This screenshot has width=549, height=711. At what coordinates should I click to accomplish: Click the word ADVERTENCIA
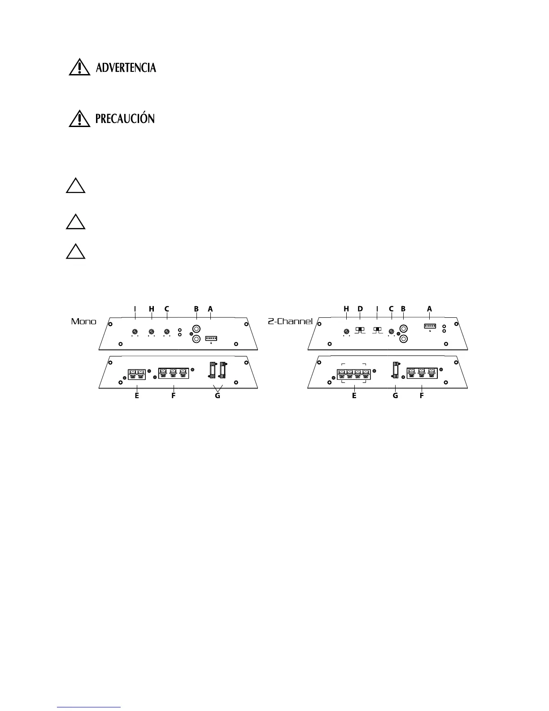pos(126,68)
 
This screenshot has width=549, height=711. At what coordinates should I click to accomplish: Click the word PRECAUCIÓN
pos(125,118)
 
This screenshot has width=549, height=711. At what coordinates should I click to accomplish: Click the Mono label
pos(84,321)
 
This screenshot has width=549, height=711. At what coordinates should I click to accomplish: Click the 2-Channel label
pos(293,321)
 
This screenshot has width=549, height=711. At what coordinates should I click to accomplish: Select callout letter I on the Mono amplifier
pos(135,309)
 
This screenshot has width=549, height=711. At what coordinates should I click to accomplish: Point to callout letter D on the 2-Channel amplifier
pos(360,309)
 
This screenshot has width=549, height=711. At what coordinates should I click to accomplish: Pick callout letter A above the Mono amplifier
pos(210,309)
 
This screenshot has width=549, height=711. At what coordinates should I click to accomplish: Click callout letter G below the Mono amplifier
pos(218,396)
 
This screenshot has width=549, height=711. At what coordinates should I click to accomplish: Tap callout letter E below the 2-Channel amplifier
pos(354,396)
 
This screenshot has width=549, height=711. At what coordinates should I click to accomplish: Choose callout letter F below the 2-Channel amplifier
pos(422,396)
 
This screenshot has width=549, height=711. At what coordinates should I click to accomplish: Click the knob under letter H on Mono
pos(152,332)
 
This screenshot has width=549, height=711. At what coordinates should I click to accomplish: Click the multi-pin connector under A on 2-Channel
pos(430,326)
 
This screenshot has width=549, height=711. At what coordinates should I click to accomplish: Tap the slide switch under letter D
pos(360,330)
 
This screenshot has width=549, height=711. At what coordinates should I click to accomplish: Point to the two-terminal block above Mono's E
pos(136,374)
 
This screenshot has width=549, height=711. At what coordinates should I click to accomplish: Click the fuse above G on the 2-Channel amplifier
pos(396,370)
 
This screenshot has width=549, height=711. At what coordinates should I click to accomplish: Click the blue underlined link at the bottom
pos(89,707)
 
